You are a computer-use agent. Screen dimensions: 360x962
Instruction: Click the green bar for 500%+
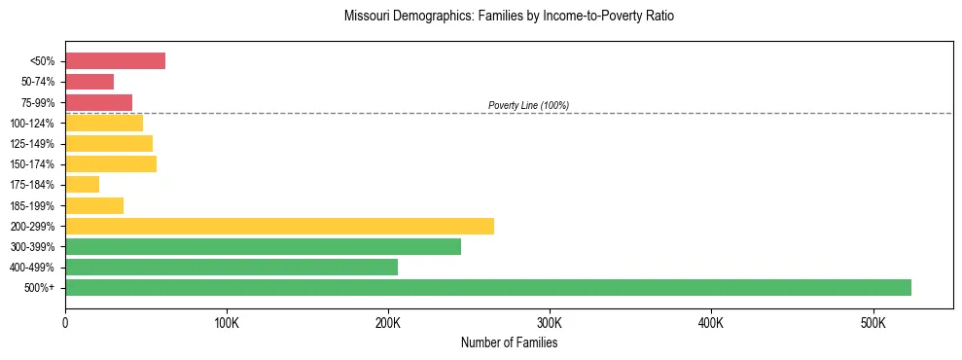[x=487, y=287]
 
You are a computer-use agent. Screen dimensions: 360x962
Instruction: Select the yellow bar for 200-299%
[x=279, y=226]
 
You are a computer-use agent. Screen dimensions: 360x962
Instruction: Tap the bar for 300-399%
[x=263, y=246]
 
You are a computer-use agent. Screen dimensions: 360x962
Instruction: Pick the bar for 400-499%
[x=232, y=267]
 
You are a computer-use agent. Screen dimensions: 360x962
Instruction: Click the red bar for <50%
[x=115, y=61]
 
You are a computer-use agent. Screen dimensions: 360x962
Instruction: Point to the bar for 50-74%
[x=89, y=82]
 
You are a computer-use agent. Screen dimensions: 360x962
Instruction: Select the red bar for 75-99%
[x=98, y=102]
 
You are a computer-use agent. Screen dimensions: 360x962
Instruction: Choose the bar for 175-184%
[x=82, y=184]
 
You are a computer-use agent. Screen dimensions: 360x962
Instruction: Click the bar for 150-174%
[x=111, y=163]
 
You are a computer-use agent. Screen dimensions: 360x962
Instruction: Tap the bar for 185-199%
[x=94, y=205]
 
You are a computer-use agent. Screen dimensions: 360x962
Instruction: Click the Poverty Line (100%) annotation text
[x=528, y=105]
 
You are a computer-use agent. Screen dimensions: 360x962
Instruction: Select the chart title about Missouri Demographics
[x=509, y=17]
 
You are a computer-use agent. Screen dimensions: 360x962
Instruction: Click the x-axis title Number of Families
[x=509, y=342]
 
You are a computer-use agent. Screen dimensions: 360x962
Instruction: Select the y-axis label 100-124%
[x=33, y=124]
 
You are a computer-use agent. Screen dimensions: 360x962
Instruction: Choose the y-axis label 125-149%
[x=33, y=144]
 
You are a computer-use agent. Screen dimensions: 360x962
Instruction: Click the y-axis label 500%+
[x=40, y=288]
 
